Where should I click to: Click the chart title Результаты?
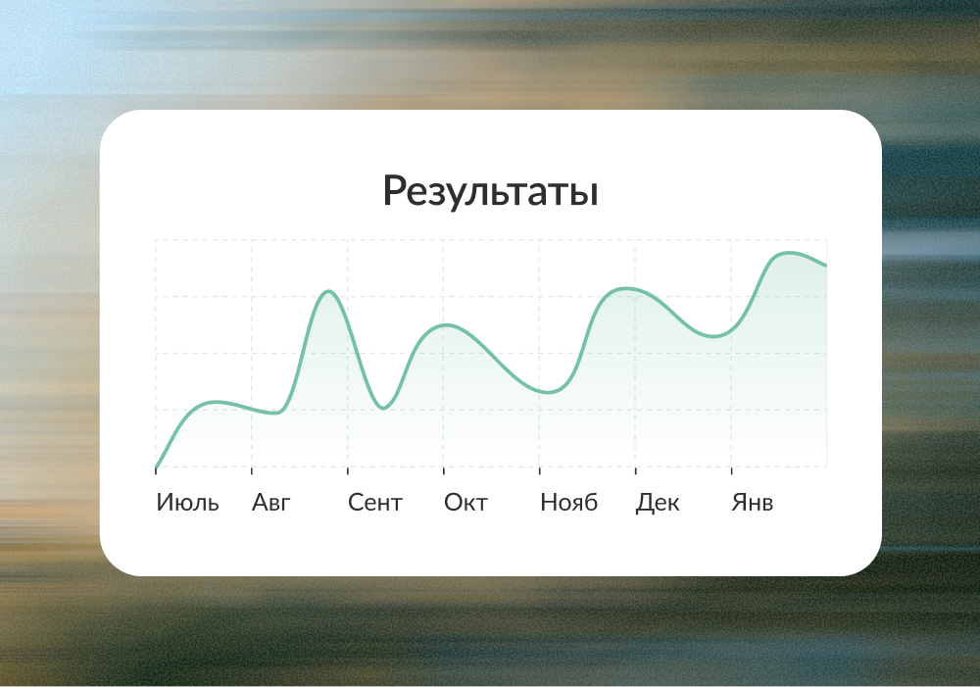coord(491,191)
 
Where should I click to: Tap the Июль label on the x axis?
coord(187,503)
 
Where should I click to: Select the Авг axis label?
coord(271,503)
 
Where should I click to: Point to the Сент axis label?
coord(375,503)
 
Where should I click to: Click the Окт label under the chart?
coord(465,503)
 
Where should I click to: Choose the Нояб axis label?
coord(568,503)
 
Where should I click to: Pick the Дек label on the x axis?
coord(658,503)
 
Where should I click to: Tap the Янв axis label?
coord(753,503)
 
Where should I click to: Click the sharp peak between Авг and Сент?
coord(328,291)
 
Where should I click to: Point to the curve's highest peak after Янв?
coord(789,253)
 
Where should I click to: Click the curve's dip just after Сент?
coord(383,409)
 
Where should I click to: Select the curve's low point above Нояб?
coord(548,393)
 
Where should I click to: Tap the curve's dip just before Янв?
coord(713,336)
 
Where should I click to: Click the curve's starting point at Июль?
coord(156,466)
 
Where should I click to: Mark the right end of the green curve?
coord(826,266)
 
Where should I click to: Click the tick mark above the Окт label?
coord(444,470)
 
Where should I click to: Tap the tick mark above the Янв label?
coord(731,470)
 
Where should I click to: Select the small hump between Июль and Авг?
coord(215,402)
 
